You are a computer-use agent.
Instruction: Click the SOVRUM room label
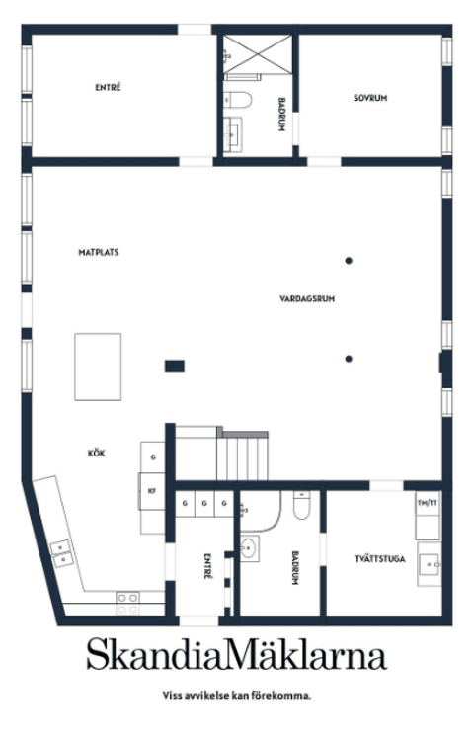pos(369,98)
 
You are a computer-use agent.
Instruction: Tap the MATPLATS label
pos(99,252)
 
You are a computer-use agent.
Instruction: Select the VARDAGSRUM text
pos(307,299)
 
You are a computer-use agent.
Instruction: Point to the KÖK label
pos(96,454)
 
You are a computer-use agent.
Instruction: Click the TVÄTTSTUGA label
pos(380,558)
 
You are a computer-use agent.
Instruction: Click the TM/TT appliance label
pos(428,503)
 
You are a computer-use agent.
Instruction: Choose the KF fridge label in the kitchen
pos(152,491)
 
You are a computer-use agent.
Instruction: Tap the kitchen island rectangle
pos(98,367)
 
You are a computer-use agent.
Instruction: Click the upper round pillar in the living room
pos(349,261)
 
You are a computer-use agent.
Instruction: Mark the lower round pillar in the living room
pos(349,359)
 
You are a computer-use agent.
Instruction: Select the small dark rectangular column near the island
pos(175,366)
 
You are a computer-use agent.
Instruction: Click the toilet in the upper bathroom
pos(237,100)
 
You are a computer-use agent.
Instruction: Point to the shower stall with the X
pos(258,54)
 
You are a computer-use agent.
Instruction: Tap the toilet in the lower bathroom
pos(302,505)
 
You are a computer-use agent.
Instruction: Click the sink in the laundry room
pos(430,564)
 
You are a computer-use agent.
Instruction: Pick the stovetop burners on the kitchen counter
pos(128,603)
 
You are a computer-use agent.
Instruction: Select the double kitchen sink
pos(61,554)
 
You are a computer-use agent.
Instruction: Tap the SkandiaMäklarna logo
pos(237,655)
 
